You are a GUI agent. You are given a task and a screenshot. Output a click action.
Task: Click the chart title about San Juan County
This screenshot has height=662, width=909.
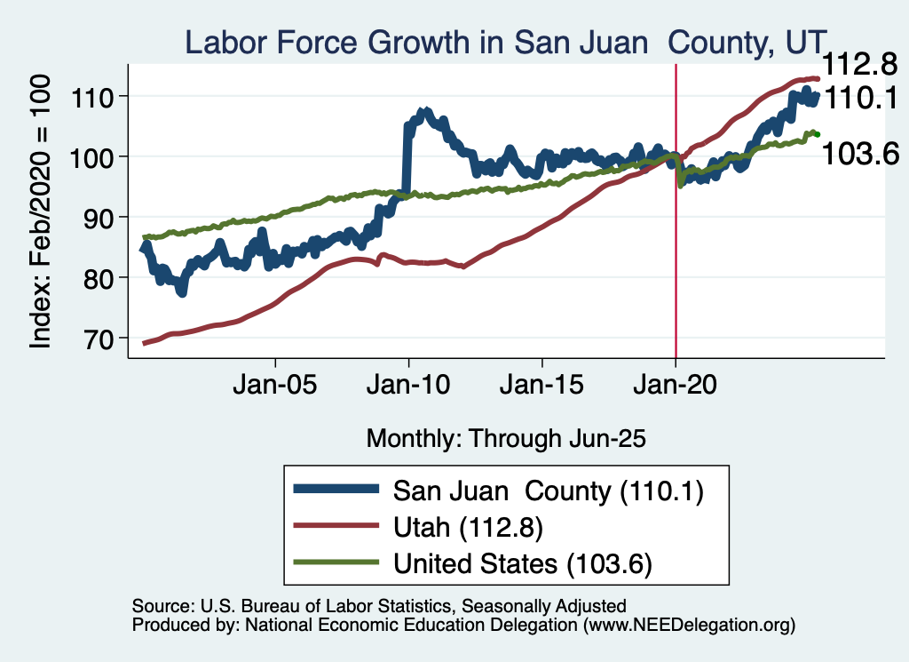click(505, 42)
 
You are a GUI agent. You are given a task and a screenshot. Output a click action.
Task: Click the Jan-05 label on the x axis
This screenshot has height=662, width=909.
click(275, 387)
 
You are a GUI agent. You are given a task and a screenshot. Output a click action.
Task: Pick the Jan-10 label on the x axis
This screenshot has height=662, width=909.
click(408, 387)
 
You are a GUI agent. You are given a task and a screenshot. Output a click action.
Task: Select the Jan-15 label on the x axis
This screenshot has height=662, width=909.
click(542, 387)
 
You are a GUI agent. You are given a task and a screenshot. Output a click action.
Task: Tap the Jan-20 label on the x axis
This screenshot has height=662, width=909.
click(676, 387)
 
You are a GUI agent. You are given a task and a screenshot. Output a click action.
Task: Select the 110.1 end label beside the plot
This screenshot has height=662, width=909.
click(860, 99)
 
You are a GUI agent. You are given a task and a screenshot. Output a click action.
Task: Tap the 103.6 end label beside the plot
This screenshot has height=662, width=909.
click(860, 154)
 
